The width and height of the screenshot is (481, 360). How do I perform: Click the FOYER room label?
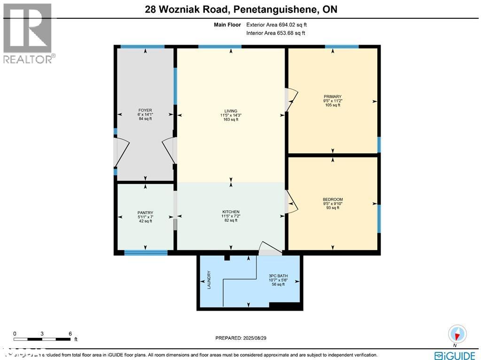[145, 110]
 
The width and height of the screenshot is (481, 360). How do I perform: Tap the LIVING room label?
[231, 110]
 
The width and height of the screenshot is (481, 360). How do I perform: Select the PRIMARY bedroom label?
[333, 97]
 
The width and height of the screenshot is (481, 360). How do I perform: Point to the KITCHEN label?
[231, 212]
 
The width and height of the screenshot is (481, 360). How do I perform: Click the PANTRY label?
[145, 212]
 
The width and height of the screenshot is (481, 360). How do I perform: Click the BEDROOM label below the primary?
[333, 199]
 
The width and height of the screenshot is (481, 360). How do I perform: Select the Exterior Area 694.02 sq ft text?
[277, 24]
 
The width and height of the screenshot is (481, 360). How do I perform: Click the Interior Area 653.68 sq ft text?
[276, 33]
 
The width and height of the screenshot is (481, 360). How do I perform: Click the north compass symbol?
[457, 334]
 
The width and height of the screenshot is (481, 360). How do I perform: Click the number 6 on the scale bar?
[70, 333]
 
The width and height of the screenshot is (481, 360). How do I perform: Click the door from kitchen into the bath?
[270, 249]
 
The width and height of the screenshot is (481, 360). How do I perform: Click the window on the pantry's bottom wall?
[146, 253]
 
